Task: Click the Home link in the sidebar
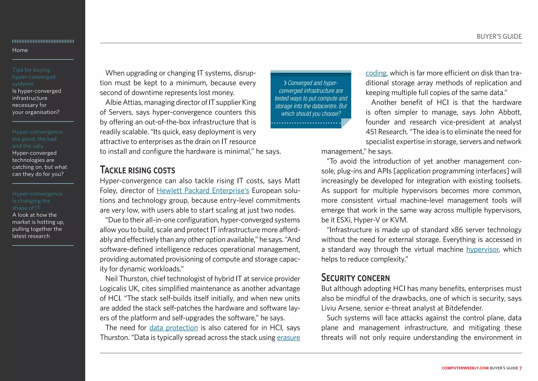coord(20,50)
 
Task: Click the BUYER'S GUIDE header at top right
coord(499,37)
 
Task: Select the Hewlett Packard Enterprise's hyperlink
coord(203,190)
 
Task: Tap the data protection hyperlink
coord(173,328)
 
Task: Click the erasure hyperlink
coord(288,337)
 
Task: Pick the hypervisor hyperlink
coord(482,249)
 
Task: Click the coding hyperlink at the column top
coord(376,73)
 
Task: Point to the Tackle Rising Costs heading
coord(137,170)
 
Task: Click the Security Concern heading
coord(355,278)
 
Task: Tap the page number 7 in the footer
coord(520,368)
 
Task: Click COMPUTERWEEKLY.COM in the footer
coord(465,368)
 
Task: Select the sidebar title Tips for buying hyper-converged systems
coord(34,77)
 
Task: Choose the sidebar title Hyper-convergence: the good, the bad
coord(38,139)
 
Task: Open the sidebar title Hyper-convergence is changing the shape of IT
coord(37,201)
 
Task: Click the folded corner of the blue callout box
coord(345,123)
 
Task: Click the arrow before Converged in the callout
coord(285,83)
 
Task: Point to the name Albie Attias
coord(123,102)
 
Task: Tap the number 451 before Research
coord(371,132)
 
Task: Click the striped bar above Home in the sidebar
coord(43,41)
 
